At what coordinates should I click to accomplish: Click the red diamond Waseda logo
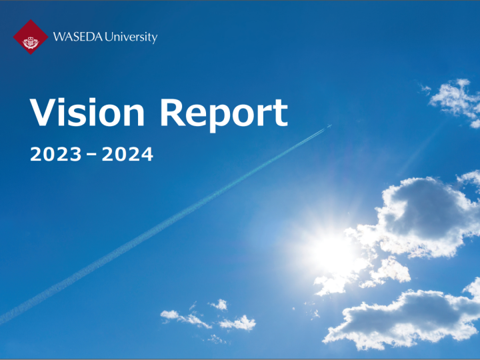point(31,37)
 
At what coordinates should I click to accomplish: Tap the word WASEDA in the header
point(78,37)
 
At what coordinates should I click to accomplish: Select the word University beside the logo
point(131,37)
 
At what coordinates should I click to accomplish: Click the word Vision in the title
point(87,112)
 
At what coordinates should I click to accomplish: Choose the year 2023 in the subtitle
point(56,154)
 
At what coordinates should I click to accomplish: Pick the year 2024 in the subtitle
point(127,154)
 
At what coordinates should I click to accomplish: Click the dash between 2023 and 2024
point(91,155)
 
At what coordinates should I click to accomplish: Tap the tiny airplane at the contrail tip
point(329,126)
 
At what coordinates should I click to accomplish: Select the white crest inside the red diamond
point(31,43)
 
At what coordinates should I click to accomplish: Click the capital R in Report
point(172,112)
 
